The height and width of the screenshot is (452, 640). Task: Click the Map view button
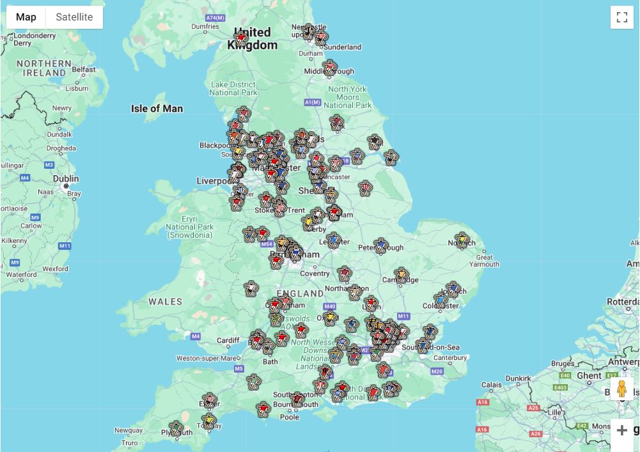pos(26,17)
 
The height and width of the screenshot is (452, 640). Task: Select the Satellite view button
pos(74,17)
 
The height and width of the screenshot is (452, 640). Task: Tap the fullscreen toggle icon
pos(621,17)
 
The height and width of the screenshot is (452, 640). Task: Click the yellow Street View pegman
pos(621,389)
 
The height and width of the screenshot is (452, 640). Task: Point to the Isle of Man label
pos(157,109)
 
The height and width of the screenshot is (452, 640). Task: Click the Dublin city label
pos(66,179)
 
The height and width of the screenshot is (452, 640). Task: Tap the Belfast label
pos(83,70)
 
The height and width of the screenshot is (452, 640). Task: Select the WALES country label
pos(165,301)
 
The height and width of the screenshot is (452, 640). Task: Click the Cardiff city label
pos(228,340)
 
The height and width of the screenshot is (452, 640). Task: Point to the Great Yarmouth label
pos(484,260)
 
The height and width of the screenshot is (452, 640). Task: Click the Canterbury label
pos(449,357)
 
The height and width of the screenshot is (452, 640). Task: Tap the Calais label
pos(491,385)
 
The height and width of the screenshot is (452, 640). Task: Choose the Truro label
pos(129,442)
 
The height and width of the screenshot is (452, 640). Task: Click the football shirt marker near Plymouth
pos(176,428)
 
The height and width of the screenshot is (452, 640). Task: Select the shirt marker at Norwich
pos(462,240)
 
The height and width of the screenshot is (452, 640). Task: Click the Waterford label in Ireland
pos(21,274)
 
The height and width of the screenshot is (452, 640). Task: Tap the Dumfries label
pos(204,26)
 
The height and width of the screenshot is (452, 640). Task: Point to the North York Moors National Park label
pos(347,97)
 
